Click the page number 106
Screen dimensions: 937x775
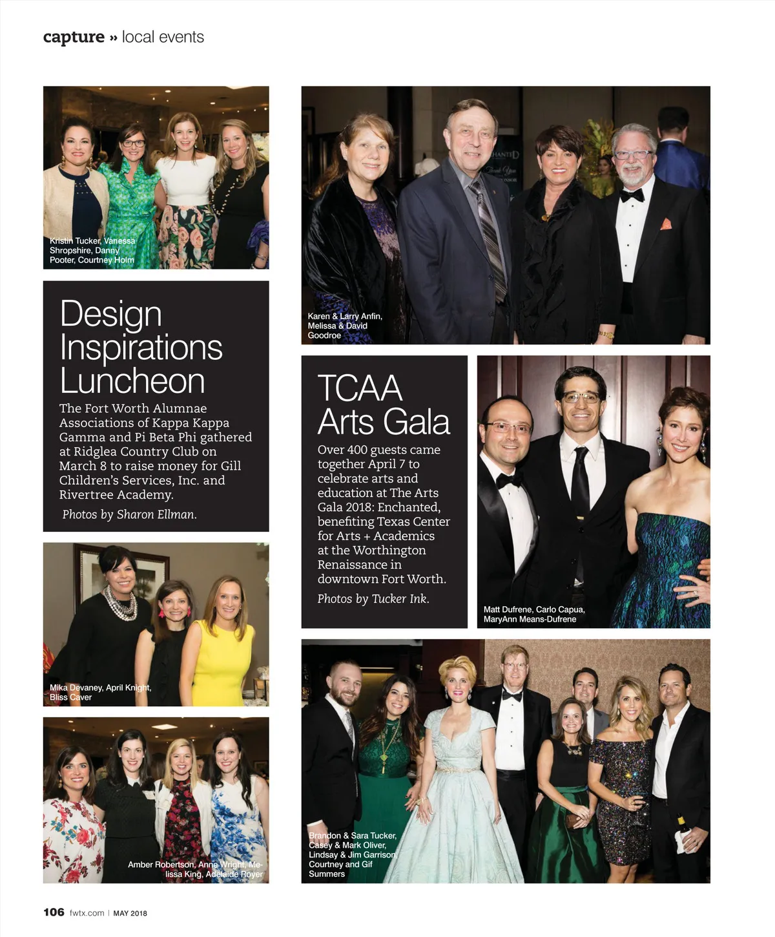54,912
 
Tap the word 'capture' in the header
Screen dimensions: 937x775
74,37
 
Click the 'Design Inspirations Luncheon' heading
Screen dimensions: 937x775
141,347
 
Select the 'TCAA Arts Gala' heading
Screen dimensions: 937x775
383,405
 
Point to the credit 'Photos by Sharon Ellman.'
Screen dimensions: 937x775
129,514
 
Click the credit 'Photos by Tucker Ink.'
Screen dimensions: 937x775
373,599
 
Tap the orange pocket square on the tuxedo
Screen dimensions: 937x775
666,224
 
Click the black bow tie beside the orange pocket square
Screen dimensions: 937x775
632,195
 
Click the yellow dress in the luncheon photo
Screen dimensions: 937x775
221,666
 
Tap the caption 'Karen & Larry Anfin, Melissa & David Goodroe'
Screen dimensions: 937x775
345,326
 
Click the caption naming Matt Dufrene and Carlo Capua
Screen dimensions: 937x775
534,614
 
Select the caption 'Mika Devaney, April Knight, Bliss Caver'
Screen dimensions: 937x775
100,692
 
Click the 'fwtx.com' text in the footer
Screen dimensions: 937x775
87,913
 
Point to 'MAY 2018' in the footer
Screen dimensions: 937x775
130,913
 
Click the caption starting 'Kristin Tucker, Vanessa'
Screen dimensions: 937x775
92,250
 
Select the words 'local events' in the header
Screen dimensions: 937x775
163,37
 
